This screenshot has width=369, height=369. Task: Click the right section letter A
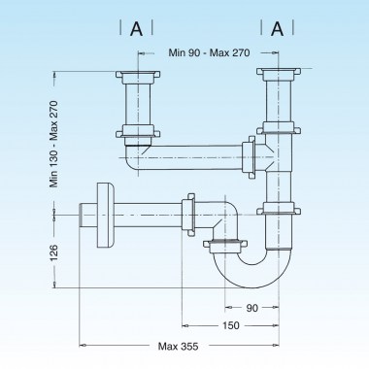tap(276, 29)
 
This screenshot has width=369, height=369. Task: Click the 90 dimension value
tap(252, 308)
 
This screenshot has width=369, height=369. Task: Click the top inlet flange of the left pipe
tap(135, 76)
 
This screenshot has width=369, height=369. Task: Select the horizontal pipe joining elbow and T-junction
tap(194, 154)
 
